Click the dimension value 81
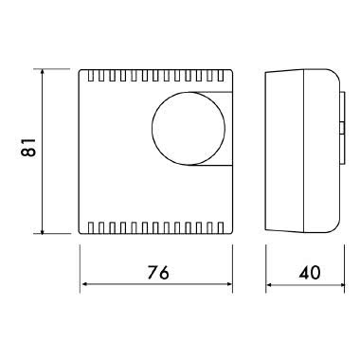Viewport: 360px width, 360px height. click(28, 150)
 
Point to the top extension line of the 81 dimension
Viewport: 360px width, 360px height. click(57, 68)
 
